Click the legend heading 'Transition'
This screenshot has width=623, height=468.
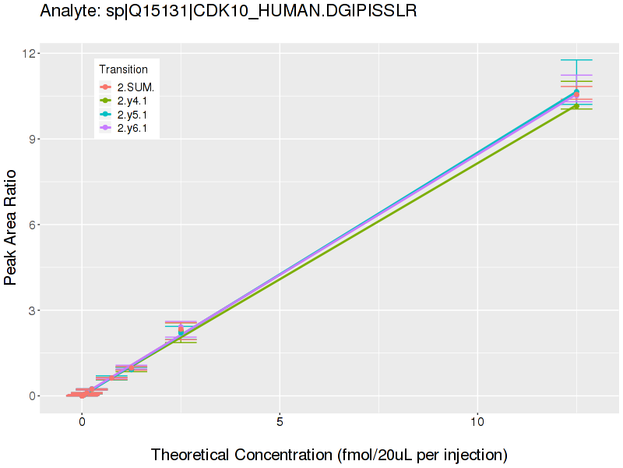click(123, 69)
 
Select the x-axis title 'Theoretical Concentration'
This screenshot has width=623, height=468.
click(329, 454)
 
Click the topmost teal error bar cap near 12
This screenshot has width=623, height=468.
click(576, 60)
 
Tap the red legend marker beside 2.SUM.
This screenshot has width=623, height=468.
click(106, 87)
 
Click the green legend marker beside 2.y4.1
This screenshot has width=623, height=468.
click(106, 101)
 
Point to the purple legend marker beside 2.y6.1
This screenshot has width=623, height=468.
click(106, 128)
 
